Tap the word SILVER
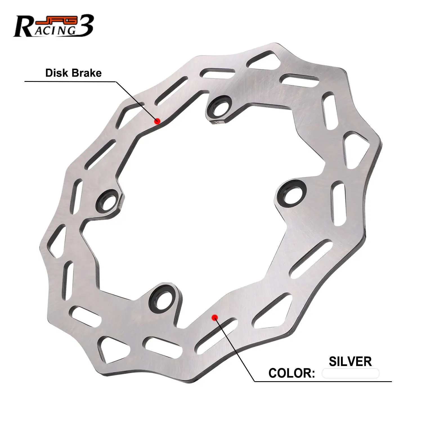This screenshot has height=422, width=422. [350, 362]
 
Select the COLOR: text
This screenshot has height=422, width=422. [291, 373]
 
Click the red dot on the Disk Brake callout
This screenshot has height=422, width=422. [157, 121]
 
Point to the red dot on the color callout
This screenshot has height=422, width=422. [215, 317]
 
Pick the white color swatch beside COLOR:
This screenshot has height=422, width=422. [350, 374]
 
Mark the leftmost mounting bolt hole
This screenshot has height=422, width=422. [107, 201]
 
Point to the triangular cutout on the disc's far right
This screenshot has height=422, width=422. [355, 148]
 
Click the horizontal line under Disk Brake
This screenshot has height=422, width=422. [70, 82]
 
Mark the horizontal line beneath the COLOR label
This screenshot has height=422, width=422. [324, 381]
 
